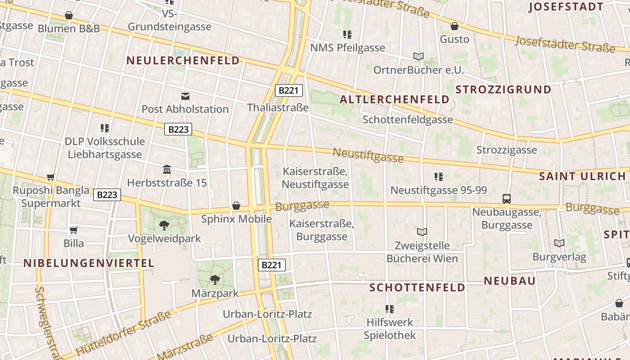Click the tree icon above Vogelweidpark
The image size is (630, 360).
pos(164,225)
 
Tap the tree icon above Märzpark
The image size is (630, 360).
pos(215,279)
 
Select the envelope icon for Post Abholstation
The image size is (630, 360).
pos(185,96)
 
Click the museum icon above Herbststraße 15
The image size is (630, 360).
pos(167,170)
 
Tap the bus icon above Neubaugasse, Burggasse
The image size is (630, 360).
pos(507,198)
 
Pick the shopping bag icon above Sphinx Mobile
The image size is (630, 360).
pos(236,206)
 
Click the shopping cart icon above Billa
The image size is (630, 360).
pos(74,230)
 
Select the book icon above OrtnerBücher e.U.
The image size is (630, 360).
pos(418,57)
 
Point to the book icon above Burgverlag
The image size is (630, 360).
pos(559,243)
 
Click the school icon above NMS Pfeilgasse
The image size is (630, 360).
pos(347,34)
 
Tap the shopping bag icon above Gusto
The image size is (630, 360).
pos(454,26)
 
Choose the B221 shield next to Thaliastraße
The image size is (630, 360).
pos(288,90)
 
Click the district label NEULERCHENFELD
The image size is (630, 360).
pos(183,60)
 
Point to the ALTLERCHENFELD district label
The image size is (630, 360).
pos(395,99)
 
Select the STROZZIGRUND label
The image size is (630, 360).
pos(503,90)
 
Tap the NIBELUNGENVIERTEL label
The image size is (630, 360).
pos(89,263)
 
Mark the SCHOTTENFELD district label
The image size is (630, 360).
pos(417,288)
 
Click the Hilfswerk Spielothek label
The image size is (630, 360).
pos(390,329)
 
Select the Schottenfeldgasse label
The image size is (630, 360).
pos(408,120)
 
